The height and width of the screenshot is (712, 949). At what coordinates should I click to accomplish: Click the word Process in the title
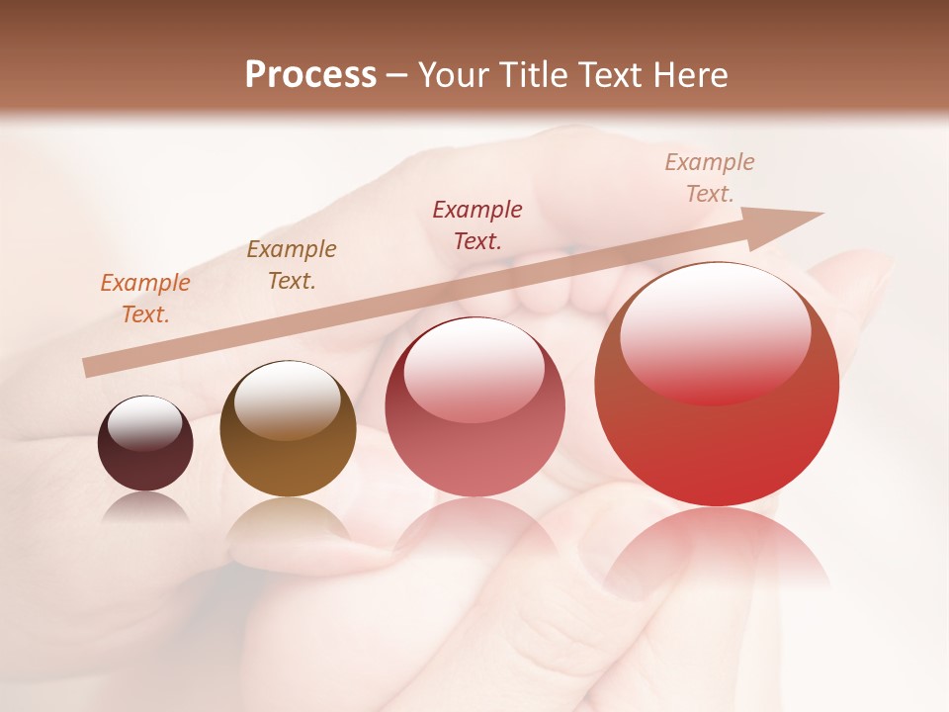(310, 75)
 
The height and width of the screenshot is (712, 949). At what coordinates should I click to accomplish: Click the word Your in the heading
(455, 75)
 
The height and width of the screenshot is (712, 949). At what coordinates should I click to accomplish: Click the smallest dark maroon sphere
(145, 444)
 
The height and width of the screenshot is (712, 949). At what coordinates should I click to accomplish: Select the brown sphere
(288, 429)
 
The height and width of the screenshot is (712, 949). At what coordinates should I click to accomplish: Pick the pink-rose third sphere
(474, 407)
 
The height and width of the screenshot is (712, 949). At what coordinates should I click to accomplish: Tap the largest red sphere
(717, 385)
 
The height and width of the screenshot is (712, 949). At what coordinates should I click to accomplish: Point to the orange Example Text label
(145, 299)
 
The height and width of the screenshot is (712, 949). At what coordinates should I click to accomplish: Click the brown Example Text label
(292, 265)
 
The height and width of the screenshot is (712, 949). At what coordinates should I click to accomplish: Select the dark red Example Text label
(477, 224)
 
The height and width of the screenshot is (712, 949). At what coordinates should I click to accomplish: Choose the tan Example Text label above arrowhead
(710, 178)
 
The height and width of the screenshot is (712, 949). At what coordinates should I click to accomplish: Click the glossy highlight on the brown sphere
(287, 398)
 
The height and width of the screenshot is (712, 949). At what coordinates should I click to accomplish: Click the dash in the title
(397, 75)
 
